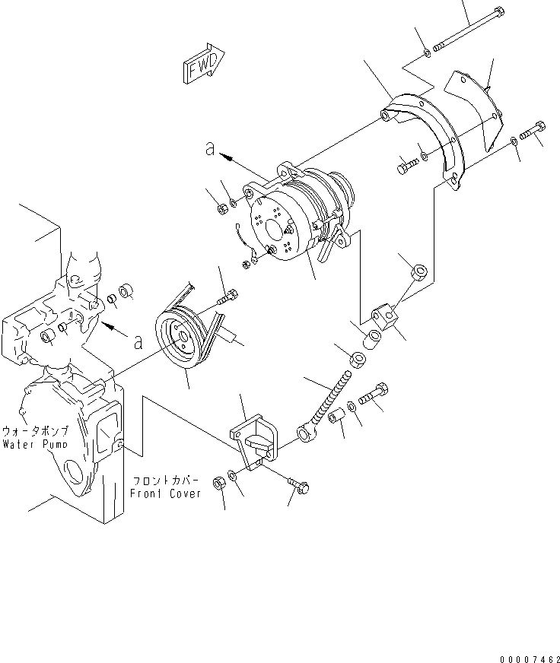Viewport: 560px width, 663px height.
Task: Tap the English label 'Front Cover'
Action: [x=165, y=493]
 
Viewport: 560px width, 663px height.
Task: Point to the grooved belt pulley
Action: [x=183, y=339]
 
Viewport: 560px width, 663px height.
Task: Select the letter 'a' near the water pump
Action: [x=138, y=341]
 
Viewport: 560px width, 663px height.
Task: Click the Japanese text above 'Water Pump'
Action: [x=36, y=430]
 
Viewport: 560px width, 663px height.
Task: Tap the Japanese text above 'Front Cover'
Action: [x=166, y=481]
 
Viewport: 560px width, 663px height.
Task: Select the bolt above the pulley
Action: [x=225, y=297]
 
